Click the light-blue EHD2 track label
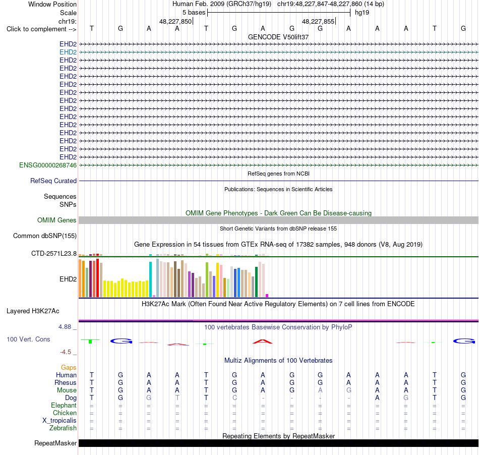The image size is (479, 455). tap(68, 52)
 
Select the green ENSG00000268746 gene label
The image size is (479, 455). tap(48, 165)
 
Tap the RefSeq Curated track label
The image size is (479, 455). tap(53, 181)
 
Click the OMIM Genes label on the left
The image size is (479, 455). tap(57, 220)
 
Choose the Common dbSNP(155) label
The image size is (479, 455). tap(45, 236)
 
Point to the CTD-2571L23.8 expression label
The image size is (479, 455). tap(54, 253)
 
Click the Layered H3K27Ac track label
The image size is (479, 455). tap(33, 311)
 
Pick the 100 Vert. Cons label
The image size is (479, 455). tap(28, 339)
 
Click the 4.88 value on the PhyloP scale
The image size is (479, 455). tap(65, 327)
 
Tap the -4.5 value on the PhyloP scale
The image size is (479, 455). tap(66, 352)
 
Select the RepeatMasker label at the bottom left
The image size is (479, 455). tap(55, 443)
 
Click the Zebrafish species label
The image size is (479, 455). tap(63, 428)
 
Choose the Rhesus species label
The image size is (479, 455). tap(66, 382)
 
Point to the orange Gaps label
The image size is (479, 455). tap(69, 367)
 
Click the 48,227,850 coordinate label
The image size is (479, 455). tap(175, 21)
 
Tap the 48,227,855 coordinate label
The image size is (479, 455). tap(318, 21)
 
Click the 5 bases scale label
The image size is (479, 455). tap(194, 13)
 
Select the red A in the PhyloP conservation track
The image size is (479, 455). tap(263, 342)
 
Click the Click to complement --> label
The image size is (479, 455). tap(41, 29)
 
